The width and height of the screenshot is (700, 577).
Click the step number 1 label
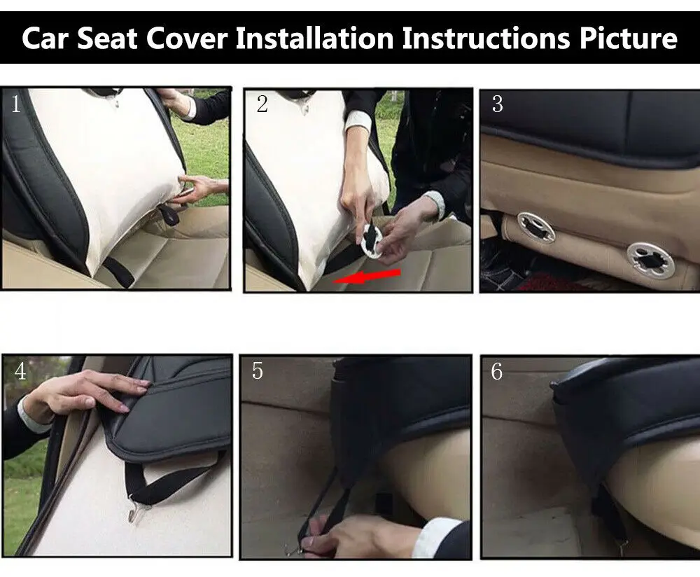tap(16, 105)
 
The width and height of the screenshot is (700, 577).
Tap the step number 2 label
tap(262, 105)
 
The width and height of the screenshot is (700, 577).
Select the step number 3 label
tap(497, 104)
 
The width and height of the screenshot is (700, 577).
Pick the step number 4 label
tap(20, 371)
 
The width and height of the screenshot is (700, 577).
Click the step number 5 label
tap(258, 371)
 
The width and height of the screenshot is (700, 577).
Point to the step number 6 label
tap(496, 371)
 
